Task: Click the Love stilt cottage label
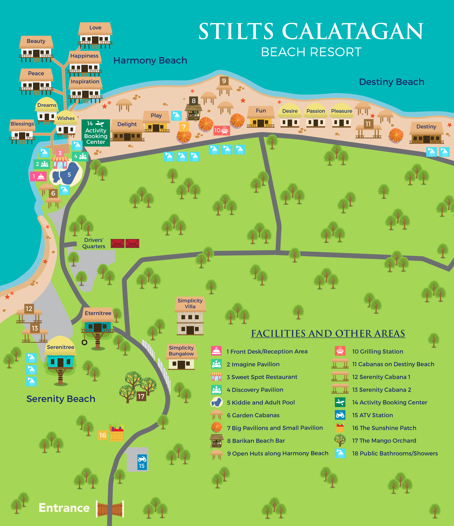pos(95,27)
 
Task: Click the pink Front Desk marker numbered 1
pos(38,176)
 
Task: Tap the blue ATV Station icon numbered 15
pos(142,462)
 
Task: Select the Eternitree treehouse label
pos(98,313)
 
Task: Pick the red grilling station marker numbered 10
pos(221,130)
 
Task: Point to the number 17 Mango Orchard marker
pos(141,396)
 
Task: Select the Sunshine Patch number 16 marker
pos(103,435)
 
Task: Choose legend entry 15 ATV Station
pos(372,415)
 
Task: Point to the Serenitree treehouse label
pos(60,347)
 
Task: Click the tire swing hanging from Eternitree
pos(84,342)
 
